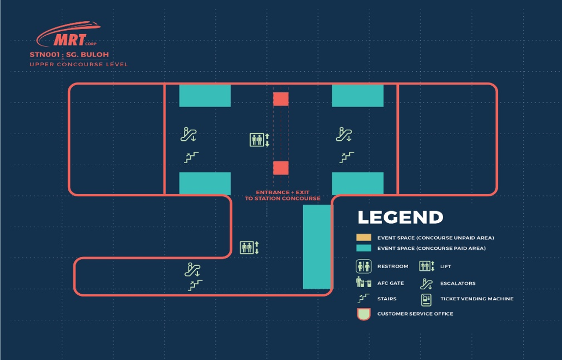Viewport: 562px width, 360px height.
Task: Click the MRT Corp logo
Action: pyautogui.click(x=68, y=35)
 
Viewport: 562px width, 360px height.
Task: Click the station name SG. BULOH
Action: pyautogui.click(x=88, y=55)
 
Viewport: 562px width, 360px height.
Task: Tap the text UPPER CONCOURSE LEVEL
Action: pyautogui.click(x=78, y=65)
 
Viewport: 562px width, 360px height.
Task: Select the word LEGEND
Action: pyautogui.click(x=400, y=217)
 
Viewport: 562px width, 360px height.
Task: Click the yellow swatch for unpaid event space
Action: pyautogui.click(x=363, y=238)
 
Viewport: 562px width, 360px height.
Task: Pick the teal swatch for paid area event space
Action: pyautogui.click(x=363, y=248)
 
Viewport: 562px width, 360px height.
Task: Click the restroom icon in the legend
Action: pyautogui.click(x=363, y=266)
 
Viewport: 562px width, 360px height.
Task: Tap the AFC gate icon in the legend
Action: pyautogui.click(x=363, y=282)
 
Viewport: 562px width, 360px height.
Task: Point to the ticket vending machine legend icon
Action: pyautogui.click(x=426, y=300)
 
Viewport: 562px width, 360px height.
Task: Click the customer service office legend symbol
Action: pyautogui.click(x=363, y=314)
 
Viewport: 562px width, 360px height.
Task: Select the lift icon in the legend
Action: pyautogui.click(x=426, y=266)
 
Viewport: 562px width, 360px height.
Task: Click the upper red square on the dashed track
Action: pyautogui.click(x=281, y=99)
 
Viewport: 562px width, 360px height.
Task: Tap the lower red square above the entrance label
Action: pyautogui.click(x=281, y=168)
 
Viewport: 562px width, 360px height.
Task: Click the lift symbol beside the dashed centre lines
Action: pyautogui.click(x=259, y=140)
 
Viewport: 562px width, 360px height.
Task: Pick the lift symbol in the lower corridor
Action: pyautogui.click(x=249, y=248)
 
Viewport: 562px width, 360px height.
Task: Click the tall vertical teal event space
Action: pyautogui.click(x=317, y=247)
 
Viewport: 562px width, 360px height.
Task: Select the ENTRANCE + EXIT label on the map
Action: pyautogui.click(x=282, y=193)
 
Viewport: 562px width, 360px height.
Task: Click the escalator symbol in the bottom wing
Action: pyautogui.click(x=193, y=270)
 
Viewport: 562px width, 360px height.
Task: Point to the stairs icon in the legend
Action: pyautogui.click(x=363, y=298)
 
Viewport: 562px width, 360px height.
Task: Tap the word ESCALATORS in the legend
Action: pyautogui.click(x=458, y=284)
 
